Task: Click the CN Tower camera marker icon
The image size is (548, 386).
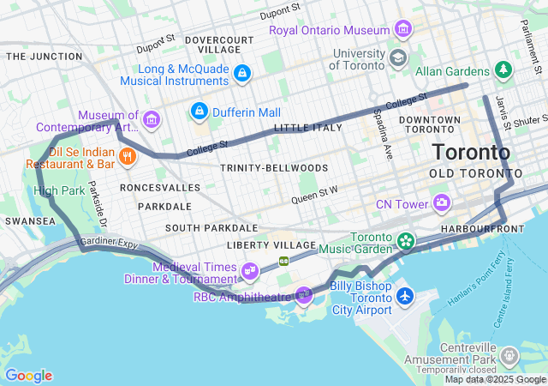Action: pos(442,203)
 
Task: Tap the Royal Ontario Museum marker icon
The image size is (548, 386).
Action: pos(402,31)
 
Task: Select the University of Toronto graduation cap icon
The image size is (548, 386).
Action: pos(396,57)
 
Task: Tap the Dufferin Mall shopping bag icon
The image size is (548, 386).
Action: pos(199,111)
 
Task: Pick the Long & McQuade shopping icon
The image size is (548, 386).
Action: pos(242,74)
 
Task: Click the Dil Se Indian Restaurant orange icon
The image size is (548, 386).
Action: pos(128,155)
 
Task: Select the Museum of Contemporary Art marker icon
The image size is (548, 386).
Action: pos(152,118)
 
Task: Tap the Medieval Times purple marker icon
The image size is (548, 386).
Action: pos(249,272)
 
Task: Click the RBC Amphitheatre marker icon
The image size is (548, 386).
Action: pos(304,296)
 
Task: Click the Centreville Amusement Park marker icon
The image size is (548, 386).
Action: pos(509,355)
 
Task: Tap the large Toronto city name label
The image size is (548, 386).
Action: pos(471,153)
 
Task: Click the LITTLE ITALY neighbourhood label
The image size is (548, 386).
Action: pos(307,128)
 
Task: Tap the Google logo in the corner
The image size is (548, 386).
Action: pos(29,375)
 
